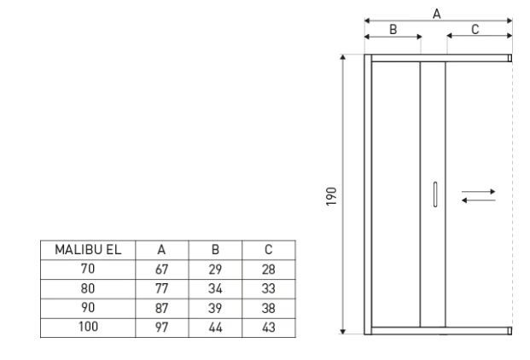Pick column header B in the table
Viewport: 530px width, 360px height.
215,250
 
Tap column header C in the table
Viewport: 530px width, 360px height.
269,250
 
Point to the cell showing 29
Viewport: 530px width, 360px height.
215,269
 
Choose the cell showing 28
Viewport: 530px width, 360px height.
269,269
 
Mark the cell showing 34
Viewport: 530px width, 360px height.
215,288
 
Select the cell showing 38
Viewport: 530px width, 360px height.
269,307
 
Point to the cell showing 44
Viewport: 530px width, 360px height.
215,327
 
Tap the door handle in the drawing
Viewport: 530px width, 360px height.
434,195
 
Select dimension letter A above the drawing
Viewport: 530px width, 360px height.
437,12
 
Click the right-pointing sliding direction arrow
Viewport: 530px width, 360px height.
478,190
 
